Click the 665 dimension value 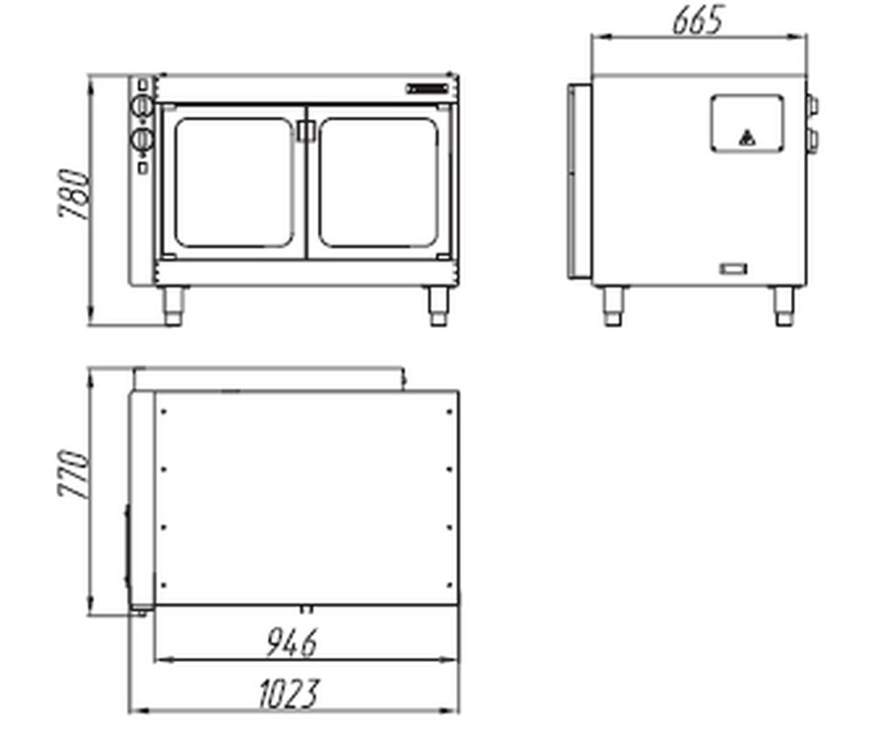[697, 21]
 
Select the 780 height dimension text [73, 193]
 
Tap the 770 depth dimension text [73, 473]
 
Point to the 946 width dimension [292, 642]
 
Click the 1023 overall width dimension [290, 694]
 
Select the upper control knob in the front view [142, 106]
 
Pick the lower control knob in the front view [142, 139]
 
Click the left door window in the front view [233, 183]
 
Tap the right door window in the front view [378, 183]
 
